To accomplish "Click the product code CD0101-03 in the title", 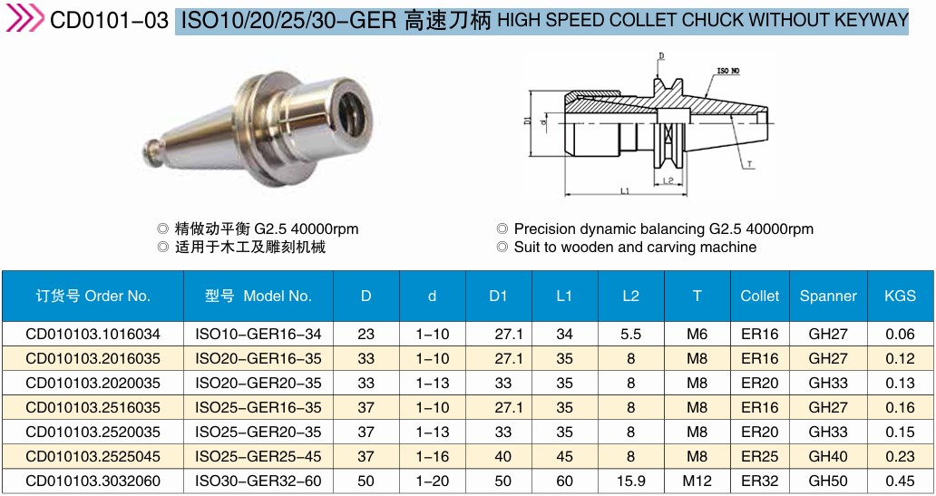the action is click(109, 21).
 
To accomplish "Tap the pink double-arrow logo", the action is click(24, 18).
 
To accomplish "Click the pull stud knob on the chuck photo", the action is click(153, 151).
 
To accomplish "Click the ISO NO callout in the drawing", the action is click(727, 71).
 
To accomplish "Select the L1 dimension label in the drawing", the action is click(625, 191).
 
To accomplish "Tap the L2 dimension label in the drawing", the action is click(668, 180).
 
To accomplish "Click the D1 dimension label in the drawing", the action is click(527, 120).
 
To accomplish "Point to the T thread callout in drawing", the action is click(749, 164).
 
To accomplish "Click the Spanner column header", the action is click(828, 296).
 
